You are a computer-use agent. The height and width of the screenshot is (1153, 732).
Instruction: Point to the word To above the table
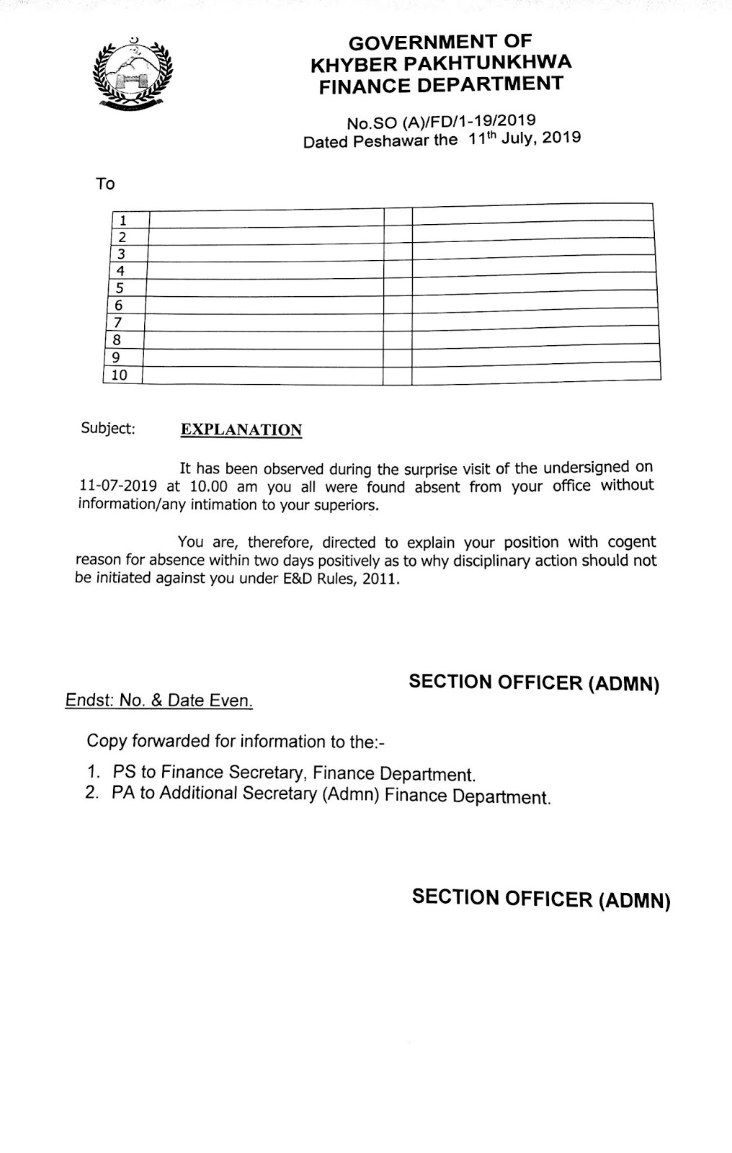click(105, 184)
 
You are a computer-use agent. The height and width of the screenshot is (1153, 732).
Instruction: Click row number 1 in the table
click(123, 220)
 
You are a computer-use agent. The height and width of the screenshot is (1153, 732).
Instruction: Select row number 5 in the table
click(120, 288)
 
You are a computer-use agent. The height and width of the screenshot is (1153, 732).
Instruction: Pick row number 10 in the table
click(119, 375)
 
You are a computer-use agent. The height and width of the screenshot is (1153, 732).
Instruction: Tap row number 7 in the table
click(119, 323)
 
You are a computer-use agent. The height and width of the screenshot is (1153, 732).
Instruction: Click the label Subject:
click(108, 429)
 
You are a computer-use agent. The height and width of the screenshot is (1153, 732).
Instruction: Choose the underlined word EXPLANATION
click(241, 430)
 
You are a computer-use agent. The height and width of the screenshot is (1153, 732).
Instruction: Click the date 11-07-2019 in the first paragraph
click(117, 486)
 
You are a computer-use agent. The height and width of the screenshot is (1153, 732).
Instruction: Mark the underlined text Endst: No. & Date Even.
click(159, 700)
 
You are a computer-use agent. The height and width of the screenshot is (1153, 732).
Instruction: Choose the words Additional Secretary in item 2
click(238, 793)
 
